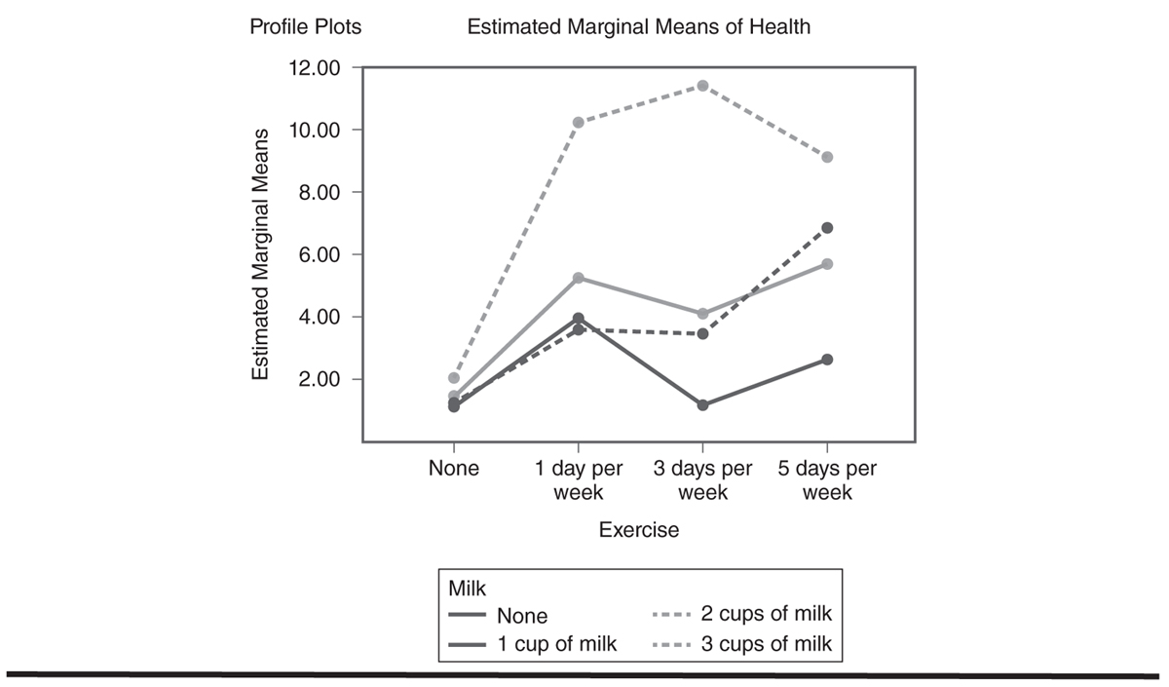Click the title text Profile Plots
tap(305, 26)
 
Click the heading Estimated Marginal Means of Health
tap(639, 26)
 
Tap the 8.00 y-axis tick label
tap(319, 193)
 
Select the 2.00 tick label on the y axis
tap(319, 379)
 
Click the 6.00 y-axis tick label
tap(319, 254)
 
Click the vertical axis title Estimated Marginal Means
tap(260, 254)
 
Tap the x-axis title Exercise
tap(639, 530)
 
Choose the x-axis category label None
tap(454, 469)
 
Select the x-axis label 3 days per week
tap(702, 480)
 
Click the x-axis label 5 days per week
tap(827, 480)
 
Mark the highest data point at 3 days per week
tap(702, 86)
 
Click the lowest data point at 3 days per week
tap(702, 405)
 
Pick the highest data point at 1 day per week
tap(579, 123)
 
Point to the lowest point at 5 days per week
tap(827, 360)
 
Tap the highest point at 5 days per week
tap(827, 157)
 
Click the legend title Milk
tap(467, 589)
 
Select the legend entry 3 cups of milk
tap(741, 644)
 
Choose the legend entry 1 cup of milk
tap(532, 644)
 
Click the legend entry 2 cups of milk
tap(741, 614)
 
